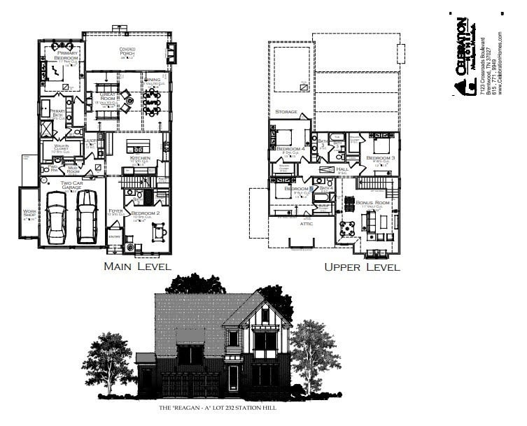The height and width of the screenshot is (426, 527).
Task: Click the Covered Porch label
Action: point(127,51)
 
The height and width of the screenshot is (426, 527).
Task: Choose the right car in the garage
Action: point(87,215)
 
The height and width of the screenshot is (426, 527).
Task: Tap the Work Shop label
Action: point(29,213)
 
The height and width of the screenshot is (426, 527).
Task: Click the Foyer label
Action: point(116,211)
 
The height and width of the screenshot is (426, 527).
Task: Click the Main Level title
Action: point(134,267)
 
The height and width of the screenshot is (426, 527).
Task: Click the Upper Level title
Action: point(362,267)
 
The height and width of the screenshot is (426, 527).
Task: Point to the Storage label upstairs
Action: point(286,112)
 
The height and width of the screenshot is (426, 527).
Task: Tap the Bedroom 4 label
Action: point(290,149)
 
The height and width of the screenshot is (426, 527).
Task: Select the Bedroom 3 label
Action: point(381,159)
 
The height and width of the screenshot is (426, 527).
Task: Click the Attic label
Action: point(307,224)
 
